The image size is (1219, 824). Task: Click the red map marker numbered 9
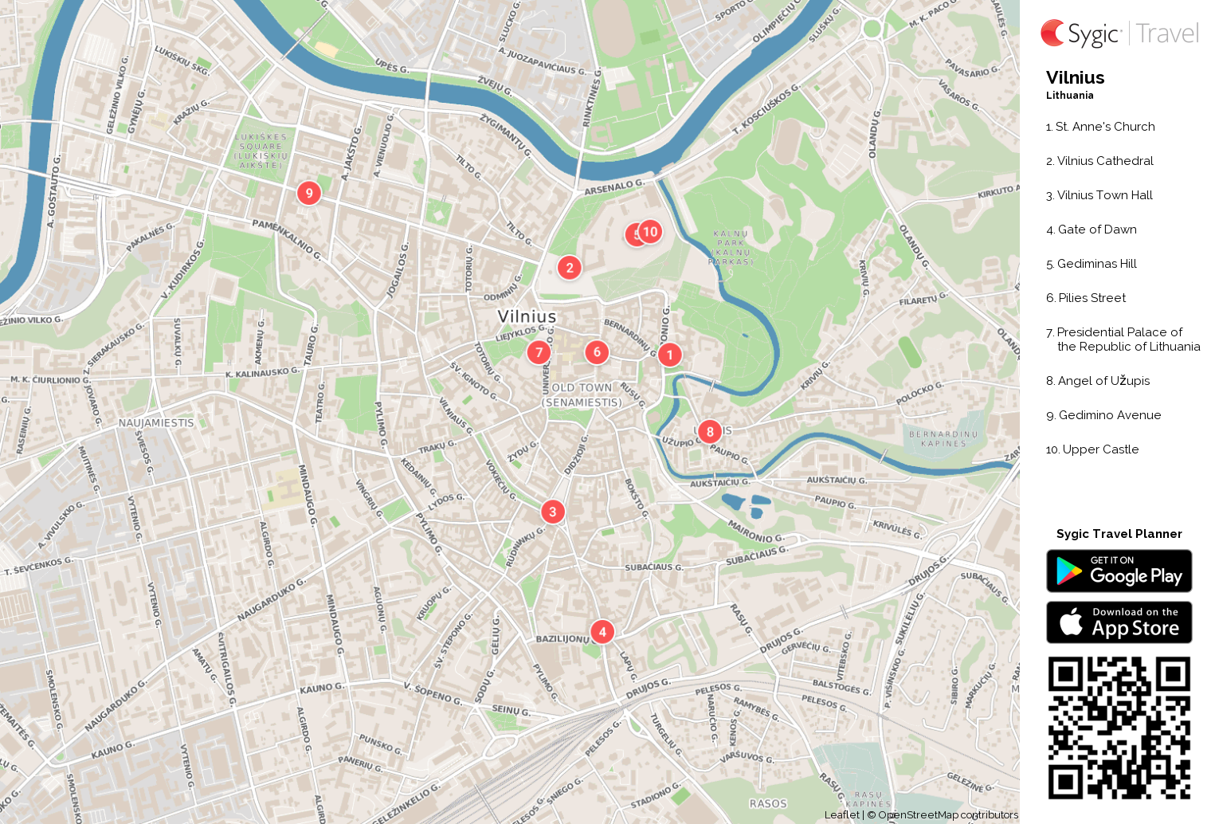click(309, 193)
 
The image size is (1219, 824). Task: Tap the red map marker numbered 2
click(569, 268)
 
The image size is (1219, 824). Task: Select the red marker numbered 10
click(651, 232)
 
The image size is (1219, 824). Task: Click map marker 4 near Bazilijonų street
click(602, 632)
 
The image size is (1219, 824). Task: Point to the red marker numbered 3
click(553, 512)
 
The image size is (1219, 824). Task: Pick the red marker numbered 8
click(709, 432)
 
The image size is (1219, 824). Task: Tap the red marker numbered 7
click(539, 352)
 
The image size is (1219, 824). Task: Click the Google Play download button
click(1119, 571)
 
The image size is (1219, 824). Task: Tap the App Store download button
click(1119, 622)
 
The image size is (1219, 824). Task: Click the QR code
click(1119, 727)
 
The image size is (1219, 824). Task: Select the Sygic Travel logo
click(1119, 33)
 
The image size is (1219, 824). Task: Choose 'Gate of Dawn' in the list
click(1096, 230)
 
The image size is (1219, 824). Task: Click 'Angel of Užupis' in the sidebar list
click(1103, 381)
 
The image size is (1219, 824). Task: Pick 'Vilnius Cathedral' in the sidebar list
click(1104, 161)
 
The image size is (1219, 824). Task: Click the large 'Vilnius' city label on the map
click(527, 316)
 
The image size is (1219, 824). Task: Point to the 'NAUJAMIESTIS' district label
click(156, 423)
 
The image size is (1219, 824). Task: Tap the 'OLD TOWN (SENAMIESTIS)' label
click(582, 394)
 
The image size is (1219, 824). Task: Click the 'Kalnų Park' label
click(731, 247)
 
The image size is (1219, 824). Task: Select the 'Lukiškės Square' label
click(261, 151)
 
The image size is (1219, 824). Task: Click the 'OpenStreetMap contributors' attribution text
click(947, 814)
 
